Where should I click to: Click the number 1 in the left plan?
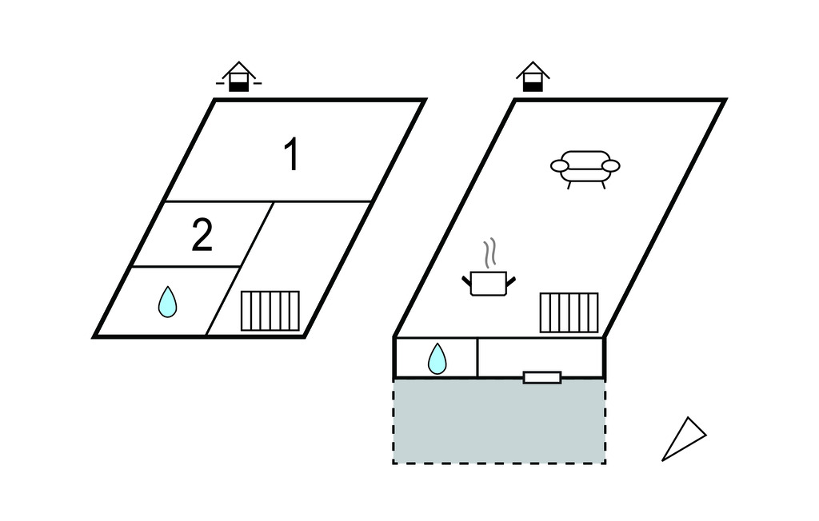pyautogui.click(x=293, y=155)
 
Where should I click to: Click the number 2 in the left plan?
pyautogui.click(x=202, y=237)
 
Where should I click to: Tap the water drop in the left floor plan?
pyautogui.click(x=167, y=302)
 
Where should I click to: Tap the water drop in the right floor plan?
pyautogui.click(x=437, y=359)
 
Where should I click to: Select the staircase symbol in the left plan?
pyautogui.click(x=270, y=311)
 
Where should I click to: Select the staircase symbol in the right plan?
pyautogui.click(x=569, y=312)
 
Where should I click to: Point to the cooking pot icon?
pyautogui.click(x=489, y=283)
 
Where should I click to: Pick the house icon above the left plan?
pyautogui.click(x=238, y=78)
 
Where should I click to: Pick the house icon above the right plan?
pyautogui.click(x=533, y=78)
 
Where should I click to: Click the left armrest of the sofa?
pyautogui.click(x=560, y=165)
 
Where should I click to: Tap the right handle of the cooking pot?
pyautogui.click(x=510, y=279)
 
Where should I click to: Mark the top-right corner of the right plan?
pyautogui.click(x=724, y=101)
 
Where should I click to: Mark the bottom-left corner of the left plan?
pyautogui.click(x=95, y=336)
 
